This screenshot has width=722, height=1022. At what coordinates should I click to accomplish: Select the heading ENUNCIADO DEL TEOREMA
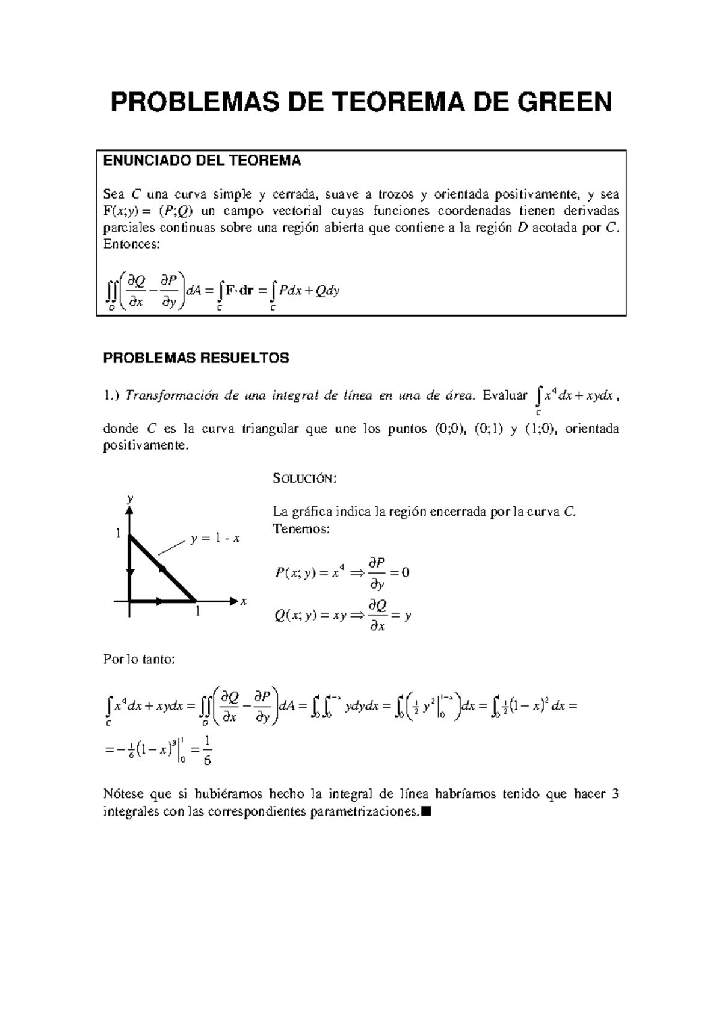tap(202, 161)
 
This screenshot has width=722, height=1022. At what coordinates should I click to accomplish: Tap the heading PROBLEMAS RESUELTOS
tap(196, 358)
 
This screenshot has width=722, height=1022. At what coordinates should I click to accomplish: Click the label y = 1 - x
tap(215, 539)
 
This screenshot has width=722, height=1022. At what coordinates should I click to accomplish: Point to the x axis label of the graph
tap(244, 601)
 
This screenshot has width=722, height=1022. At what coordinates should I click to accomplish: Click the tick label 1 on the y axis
tap(119, 533)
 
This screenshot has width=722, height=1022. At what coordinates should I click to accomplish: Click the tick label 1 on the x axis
tap(197, 612)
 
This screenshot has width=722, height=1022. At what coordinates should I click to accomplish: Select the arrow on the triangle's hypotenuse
tap(161, 568)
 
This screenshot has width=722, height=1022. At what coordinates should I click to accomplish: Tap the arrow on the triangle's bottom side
tap(158, 601)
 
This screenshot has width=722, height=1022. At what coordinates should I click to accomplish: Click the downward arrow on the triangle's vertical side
tap(129, 572)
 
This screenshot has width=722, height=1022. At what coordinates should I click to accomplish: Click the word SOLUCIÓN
tap(305, 479)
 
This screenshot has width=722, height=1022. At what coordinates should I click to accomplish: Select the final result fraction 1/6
tap(207, 750)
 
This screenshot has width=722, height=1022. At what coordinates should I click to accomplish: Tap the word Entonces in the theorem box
tap(132, 244)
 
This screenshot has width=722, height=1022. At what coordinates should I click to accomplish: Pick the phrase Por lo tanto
tap(139, 660)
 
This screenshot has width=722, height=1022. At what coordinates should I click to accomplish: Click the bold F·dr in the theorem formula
tap(239, 291)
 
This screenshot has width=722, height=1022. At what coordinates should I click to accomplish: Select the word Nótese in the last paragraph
tap(123, 794)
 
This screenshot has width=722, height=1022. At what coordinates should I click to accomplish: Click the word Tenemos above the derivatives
tap(301, 530)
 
